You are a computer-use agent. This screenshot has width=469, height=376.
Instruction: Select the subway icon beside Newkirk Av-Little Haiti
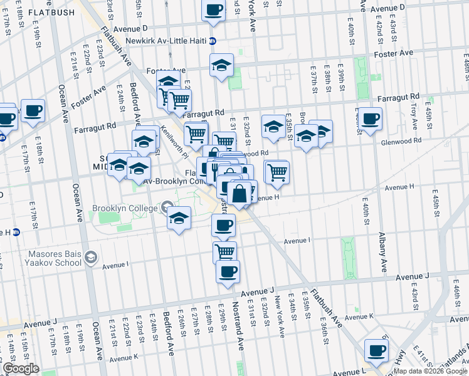pos(213,41)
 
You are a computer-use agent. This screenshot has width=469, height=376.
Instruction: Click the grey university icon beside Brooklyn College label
pos(167,206)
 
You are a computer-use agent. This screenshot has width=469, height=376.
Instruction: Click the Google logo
pos(21,368)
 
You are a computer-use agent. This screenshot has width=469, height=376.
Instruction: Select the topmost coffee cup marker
pos(214,9)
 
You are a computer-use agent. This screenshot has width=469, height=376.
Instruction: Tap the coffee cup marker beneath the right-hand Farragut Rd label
pos(370,118)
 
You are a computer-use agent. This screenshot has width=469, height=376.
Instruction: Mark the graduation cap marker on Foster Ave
pos(221,65)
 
